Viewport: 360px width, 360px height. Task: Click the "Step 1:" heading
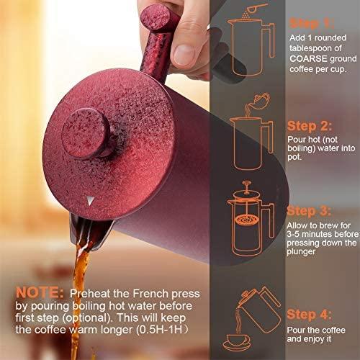[x=312, y=24]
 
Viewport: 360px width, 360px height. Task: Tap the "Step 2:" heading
[x=310, y=126]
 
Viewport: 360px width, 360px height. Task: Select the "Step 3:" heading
[x=309, y=212]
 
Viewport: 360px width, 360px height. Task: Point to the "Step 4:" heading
[x=309, y=315]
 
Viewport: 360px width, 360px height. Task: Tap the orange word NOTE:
[x=40, y=293]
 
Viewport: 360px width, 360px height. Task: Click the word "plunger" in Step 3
[x=301, y=252]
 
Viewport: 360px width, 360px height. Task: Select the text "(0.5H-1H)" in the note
[x=162, y=330]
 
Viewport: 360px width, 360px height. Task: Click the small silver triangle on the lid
[x=90, y=201]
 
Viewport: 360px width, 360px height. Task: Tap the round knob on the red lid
[x=86, y=133]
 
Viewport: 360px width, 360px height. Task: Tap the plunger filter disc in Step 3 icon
[x=246, y=220]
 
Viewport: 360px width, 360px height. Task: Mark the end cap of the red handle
[x=156, y=17]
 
